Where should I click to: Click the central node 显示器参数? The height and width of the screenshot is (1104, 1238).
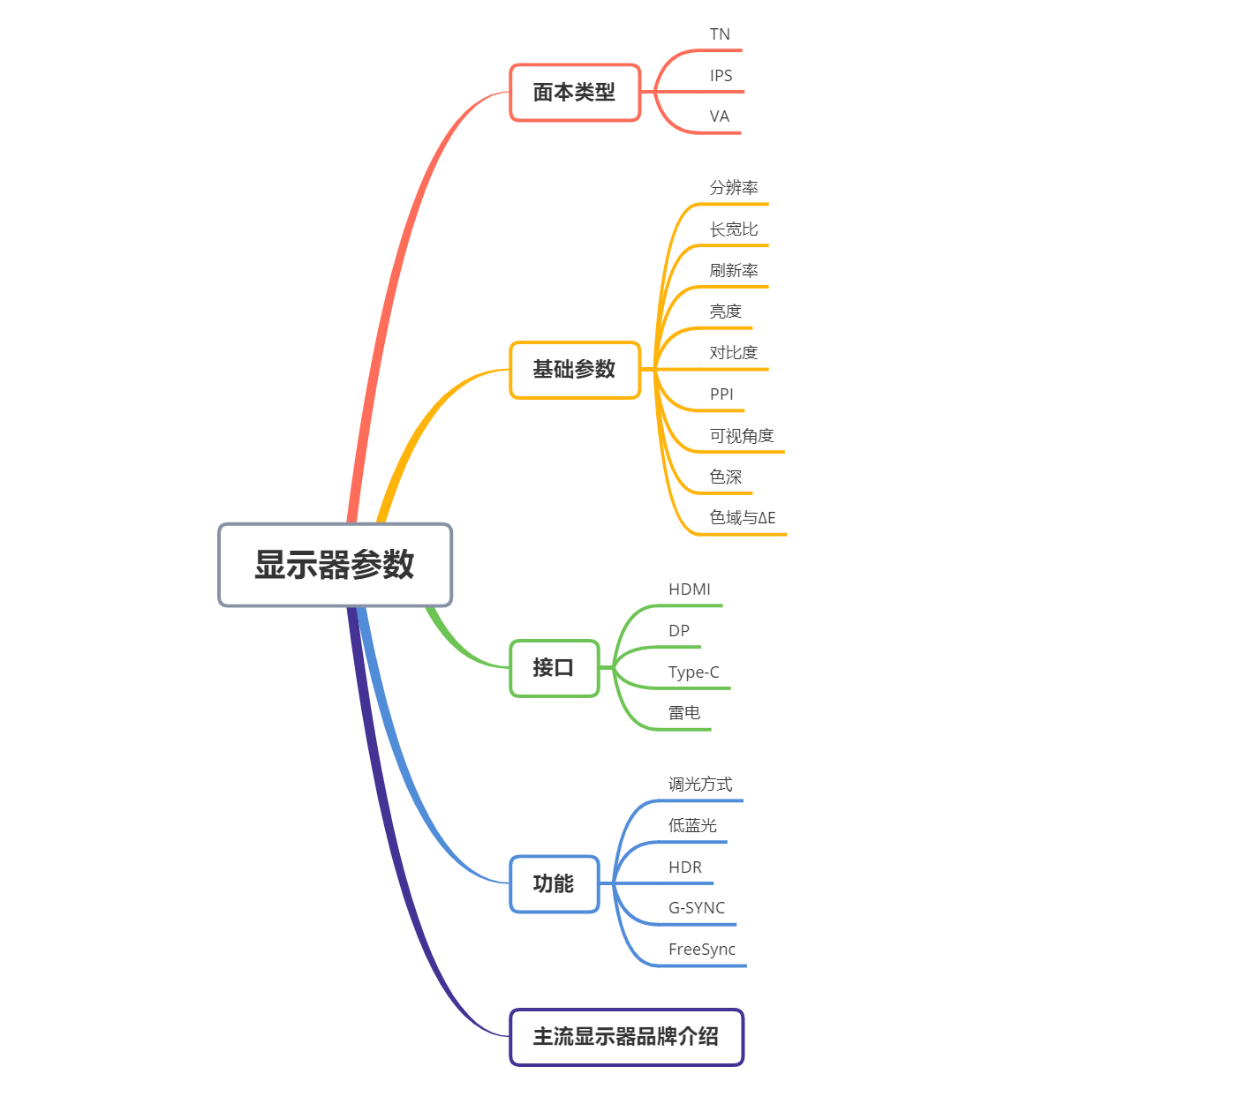[335, 565]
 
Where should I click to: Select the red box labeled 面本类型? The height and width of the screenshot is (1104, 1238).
[574, 93]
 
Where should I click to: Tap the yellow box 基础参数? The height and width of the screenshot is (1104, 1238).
[574, 370]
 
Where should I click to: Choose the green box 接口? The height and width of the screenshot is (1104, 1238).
[554, 668]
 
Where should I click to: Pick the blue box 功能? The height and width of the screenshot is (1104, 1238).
[554, 883]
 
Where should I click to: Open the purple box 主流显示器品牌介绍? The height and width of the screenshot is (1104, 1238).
[626, 1037]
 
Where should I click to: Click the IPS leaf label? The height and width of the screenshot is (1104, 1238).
[721, 76]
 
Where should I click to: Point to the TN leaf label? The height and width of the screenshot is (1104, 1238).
[720, 34]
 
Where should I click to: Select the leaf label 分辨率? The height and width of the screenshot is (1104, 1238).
[734, 188]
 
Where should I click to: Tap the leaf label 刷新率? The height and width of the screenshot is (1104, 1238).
[734, 271]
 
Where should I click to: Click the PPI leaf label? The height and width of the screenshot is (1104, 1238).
[721, 394]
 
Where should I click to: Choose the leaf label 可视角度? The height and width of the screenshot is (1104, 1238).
[742, 436]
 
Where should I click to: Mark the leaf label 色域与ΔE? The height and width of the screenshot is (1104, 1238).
[743, 518]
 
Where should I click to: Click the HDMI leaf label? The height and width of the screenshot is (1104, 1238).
[690, 590]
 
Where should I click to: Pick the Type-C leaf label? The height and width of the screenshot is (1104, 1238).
[694, 672]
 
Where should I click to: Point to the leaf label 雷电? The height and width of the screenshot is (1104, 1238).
[684, 713]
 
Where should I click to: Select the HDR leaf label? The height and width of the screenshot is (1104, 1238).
[685, 867]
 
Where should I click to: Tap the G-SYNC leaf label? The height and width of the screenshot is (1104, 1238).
[697, 908]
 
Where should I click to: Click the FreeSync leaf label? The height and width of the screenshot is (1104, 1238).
[702, 950]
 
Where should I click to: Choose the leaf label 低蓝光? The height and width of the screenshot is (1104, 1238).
[692, 826]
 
